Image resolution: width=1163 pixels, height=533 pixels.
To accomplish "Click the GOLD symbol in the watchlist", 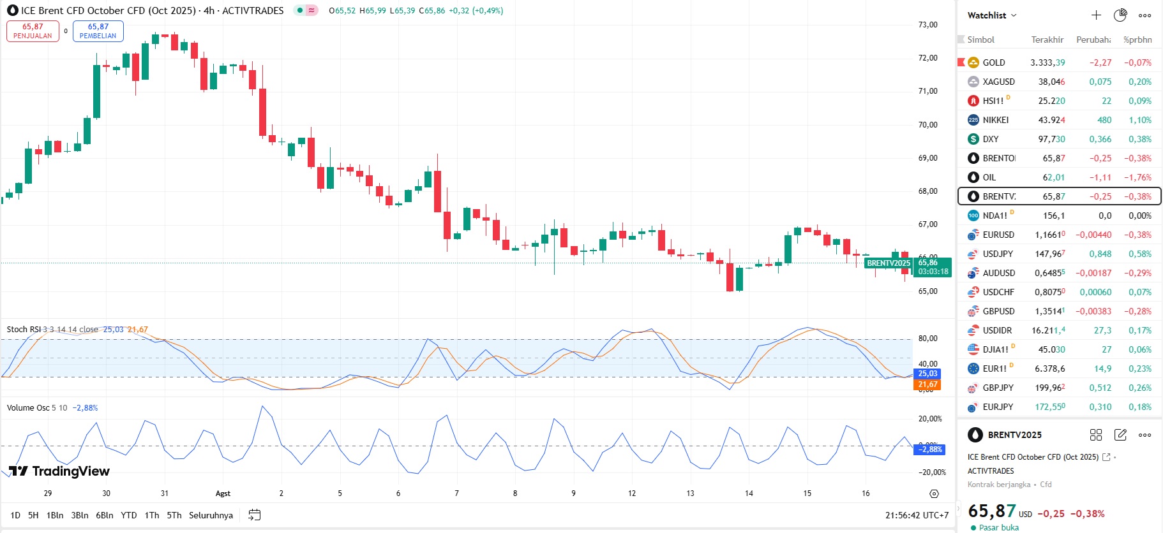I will (x=993, y=62).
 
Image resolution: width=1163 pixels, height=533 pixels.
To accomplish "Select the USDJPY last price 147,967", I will (x=1049, y=254).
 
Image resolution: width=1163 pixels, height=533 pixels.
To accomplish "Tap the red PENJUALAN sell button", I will (x=33, y=31).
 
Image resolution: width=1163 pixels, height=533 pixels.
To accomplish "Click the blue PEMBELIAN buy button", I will (x=98, y=31).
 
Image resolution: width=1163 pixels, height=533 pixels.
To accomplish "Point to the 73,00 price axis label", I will (x=927, y=25).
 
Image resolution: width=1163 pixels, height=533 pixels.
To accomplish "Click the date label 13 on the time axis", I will (x=690, y=493).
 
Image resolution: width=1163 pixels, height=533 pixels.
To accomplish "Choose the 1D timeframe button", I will (x=15, y=515).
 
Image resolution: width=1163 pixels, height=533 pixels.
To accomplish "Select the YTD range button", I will (x=129, y=515).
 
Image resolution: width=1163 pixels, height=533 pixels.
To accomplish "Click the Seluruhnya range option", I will (x=211, y=515).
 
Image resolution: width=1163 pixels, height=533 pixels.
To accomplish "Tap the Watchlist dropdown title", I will (x=991, y=15).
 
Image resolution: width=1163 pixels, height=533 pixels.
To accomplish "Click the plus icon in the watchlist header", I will (x=1096, y=15).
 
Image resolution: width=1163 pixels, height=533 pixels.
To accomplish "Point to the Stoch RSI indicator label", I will (x=24, y=330).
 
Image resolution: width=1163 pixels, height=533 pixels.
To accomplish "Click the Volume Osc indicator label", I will (x=28, y=408).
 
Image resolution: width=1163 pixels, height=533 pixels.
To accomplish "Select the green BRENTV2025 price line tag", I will (x=888, y=263).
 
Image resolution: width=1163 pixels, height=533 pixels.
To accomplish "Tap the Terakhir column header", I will (x=1047, y=40).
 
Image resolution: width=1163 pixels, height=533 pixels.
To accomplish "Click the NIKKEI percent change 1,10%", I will (x=1139, y=120).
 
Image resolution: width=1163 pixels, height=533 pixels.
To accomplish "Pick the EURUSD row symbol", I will (x=998, y=235).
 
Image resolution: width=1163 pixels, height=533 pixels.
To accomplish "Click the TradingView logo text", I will (x=70, y=471).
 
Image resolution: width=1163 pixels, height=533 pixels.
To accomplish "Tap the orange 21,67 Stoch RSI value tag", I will (x=927, y=384).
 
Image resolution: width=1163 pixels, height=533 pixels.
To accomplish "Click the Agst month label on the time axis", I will (x=223, y=493).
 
